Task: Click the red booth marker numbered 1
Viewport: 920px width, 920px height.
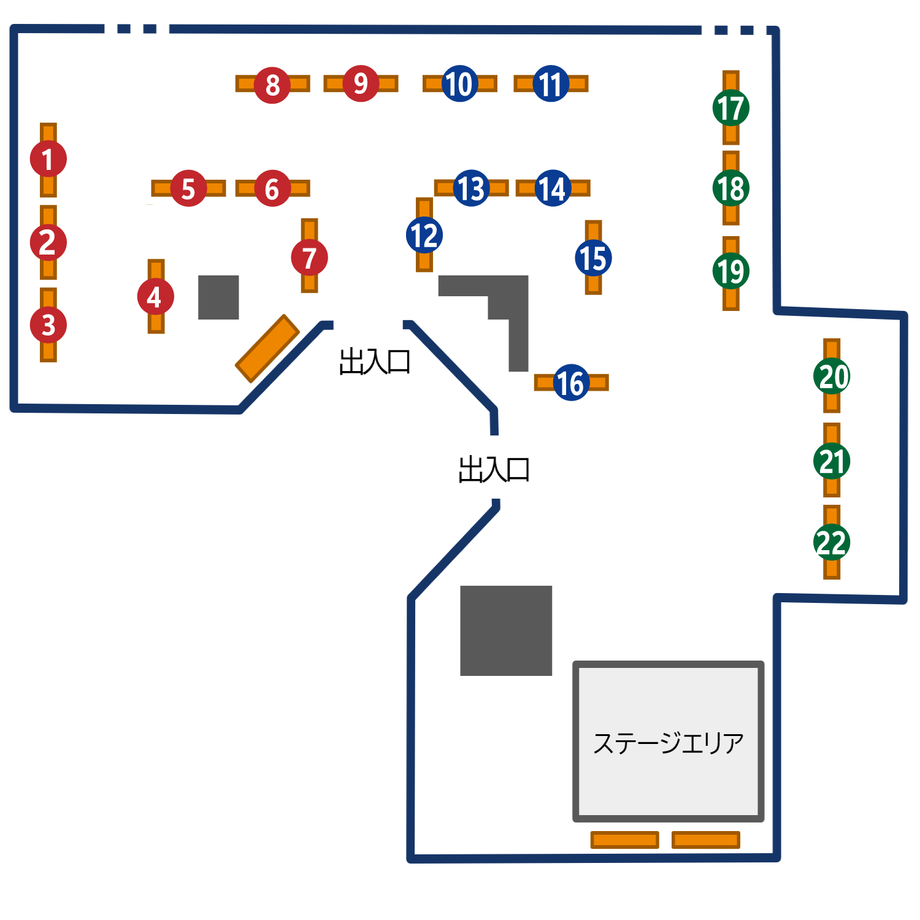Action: pyautogui.click(x=48, y=159)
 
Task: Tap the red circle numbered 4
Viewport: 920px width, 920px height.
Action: pyautogui.click(x=156, y=297)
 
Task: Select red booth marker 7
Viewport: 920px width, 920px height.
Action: pyautogui.click(x=309, y=258)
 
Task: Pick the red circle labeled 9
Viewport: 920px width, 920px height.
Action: pyautogui.click(x=361, y=83)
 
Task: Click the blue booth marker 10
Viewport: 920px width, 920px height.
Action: pyautogui.click(x=459, y=83)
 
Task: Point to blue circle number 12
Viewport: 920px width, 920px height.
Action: pyautogui.click(x=424, y=236)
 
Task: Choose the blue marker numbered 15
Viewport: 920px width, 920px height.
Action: pyautogui.click(x=593, y=258)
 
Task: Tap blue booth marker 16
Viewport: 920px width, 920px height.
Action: pyautogui.click(x=571, y=383)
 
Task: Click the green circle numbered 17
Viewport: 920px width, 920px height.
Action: pyautogui.click(x=730, y=108)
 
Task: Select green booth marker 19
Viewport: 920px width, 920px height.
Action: pyautogui.click(x=730, y=271)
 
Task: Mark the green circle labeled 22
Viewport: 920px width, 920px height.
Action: pyautogui.click(x=832, y=542)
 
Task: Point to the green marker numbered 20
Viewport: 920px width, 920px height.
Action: pyautogui.click(x=832, y=376)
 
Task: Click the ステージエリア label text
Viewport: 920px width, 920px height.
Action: pyautogui.click(x=668, y=743)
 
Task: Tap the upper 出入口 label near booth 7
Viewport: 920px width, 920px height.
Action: pyautogui.click(x=374, y=362)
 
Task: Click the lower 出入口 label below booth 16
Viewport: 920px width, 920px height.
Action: pyautogui.click(x=494, y=470)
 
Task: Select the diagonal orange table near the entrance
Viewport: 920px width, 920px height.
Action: pyautogui.click(x=267, y=348)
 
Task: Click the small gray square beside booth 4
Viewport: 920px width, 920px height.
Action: pyautogui.click(x=218, y=297)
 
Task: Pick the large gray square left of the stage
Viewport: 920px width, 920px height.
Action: pyautogui.click(x=506, y=631)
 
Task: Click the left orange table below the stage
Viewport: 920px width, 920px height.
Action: pyautogui.click(x=624, y=840)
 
